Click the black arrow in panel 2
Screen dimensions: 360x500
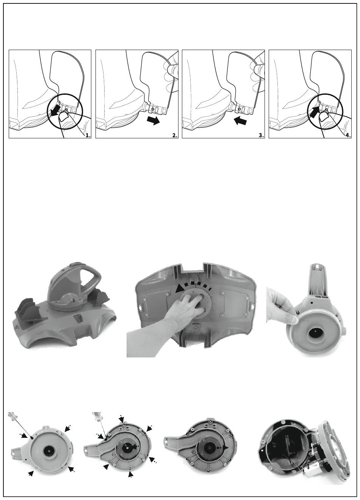[154, 121]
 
